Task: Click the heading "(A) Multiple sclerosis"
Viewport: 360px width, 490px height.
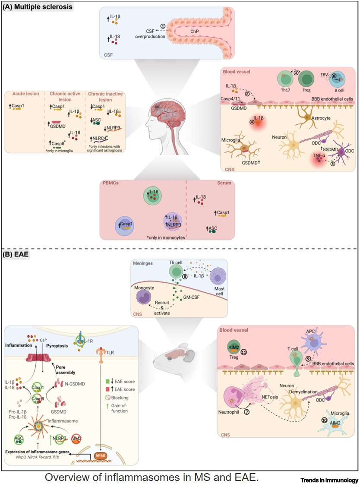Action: point(38,7)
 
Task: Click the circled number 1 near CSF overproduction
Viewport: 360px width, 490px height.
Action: point(163,26)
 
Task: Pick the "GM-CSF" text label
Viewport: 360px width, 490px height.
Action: point(194,298)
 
